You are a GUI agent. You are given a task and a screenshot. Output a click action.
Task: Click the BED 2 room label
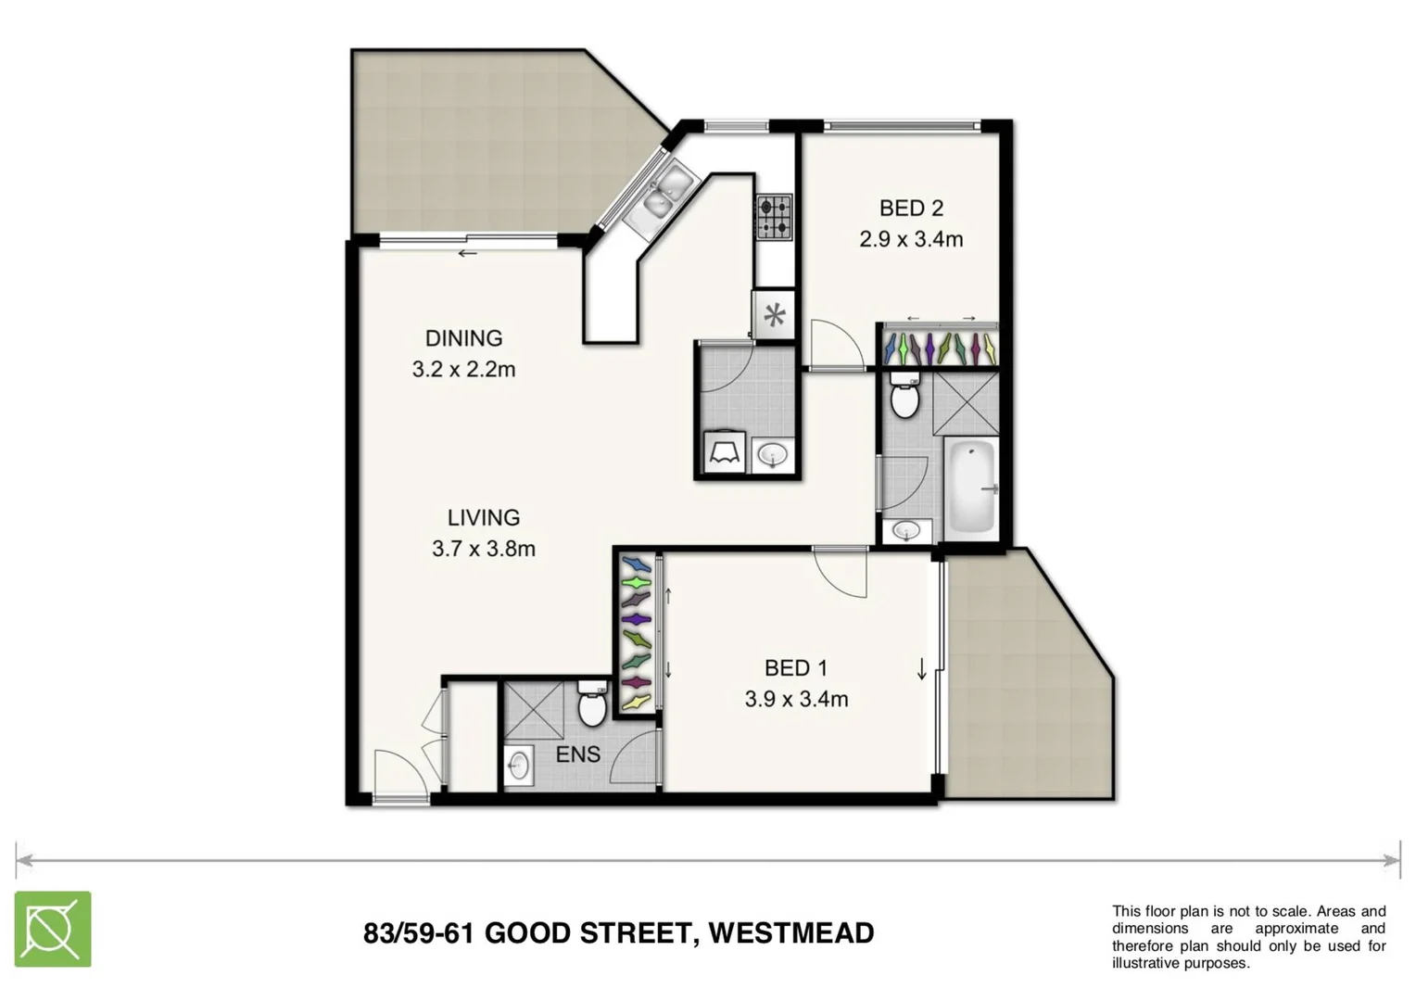(x=911, y=209)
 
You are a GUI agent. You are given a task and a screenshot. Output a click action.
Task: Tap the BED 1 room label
(x=796, y=667)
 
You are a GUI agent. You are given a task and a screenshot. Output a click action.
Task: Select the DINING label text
(x=463, y=338)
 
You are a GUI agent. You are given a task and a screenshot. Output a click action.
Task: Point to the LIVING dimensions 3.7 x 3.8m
(x=484, y=549)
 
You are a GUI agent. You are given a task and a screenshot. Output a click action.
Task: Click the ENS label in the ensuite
(x=577, y=754)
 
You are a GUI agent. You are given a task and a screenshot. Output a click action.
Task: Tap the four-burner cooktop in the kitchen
(x=774, y=218)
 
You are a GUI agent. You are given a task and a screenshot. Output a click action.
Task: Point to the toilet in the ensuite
(x=592, y=704)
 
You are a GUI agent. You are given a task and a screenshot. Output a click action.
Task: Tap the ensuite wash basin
(x=518, y=766)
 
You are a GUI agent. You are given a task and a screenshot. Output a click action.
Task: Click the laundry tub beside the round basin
(x=724, y=453)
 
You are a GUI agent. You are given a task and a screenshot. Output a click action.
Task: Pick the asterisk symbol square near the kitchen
(x=775, y=316)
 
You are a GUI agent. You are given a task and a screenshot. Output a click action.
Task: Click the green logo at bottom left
(x=53, y=929)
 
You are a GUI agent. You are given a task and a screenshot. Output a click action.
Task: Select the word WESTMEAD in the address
(x=790, y=932)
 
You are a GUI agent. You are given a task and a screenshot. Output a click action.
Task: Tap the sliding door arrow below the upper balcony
(x=468, y=253)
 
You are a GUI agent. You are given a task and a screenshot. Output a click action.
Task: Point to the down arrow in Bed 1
(x=922, y=668)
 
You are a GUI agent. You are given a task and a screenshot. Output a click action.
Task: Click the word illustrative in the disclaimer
(x=1149, y=963)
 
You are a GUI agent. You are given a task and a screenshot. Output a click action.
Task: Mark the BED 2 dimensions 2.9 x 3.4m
(x=911, y=239)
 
